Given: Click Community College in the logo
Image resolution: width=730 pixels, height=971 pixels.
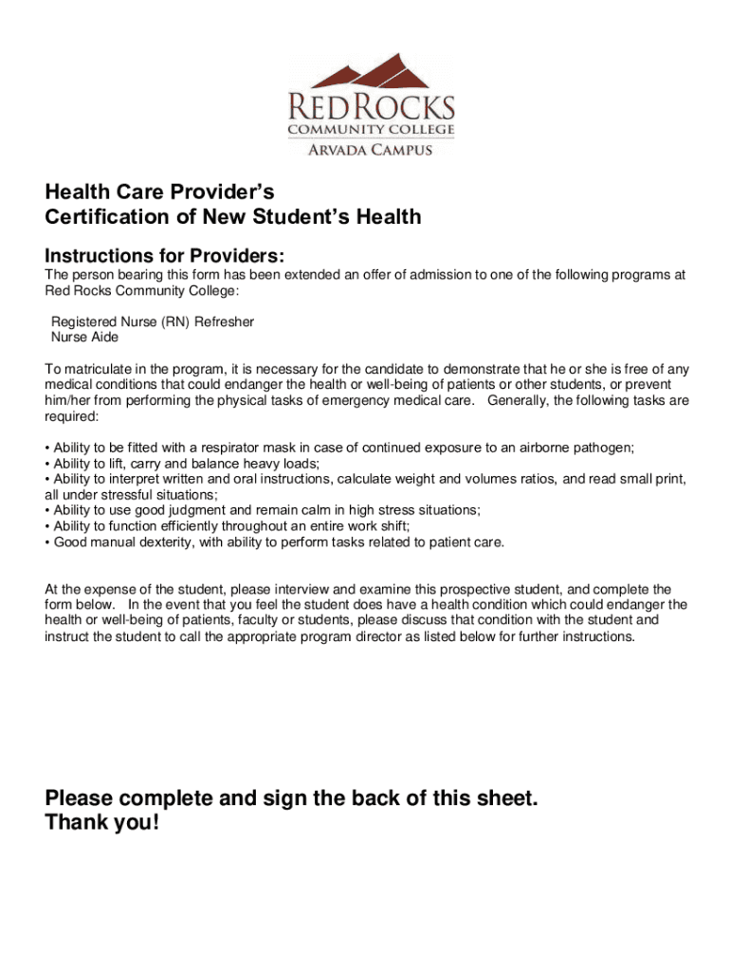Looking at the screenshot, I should [x=372, y=129].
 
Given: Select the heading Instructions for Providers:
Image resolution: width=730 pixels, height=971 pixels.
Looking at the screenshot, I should [x=165, y=256].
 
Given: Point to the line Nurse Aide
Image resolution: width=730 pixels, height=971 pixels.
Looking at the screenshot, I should [x=85, y=338].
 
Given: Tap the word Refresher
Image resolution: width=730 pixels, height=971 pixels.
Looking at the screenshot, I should [x=225, y=322].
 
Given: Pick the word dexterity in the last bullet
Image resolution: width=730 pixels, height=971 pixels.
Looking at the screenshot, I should [x=158, y=542].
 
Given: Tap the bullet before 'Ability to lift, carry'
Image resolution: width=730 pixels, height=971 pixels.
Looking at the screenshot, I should [x=47, y=464].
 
